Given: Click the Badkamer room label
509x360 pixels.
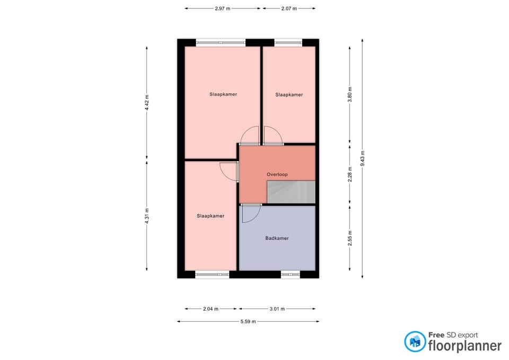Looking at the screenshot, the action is [277, 238].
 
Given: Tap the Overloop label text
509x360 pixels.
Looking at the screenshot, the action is [277, 174].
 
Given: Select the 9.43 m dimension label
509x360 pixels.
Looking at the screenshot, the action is [363, 159].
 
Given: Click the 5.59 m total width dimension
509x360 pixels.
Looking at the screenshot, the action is [248, 322].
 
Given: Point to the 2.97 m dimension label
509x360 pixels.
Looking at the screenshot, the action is [222, 9].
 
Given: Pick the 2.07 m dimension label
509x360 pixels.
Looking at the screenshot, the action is [289, 9].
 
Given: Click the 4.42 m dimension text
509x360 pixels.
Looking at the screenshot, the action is [147, 102].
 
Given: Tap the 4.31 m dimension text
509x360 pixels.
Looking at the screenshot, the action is [147, 216].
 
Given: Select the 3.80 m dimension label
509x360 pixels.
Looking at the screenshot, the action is [349, 94].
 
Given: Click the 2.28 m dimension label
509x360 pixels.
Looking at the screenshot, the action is [349, 174].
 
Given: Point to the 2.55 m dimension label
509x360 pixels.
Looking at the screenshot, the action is [349, 238].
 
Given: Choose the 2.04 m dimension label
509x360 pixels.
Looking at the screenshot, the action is [210, 309].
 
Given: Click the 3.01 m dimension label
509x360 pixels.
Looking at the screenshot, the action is [277, 309].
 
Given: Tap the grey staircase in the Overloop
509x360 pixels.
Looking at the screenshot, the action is [291, 192].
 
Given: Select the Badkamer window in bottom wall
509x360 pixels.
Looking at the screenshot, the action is [290, 275].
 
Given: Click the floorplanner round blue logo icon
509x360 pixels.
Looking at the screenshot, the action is [415, 341].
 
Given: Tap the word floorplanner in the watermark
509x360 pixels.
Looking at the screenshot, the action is [465, 346].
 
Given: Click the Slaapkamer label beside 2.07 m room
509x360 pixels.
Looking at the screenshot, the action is [289, 95].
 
